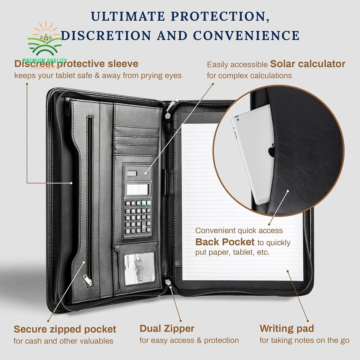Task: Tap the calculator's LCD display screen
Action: [138, 190]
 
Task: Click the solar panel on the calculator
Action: [132, 173]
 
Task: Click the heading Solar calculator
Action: [307, 64]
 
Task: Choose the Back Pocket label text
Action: [225, 242]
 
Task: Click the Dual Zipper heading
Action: [167, 328]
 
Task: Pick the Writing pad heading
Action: [286, 328]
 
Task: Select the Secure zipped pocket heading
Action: [65, 330]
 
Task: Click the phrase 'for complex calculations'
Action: [249, 75]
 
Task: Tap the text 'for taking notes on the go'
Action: [304, 340]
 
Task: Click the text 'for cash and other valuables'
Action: [63, 341]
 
